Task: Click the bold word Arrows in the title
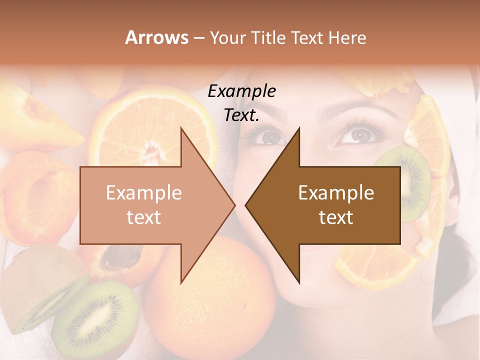click(156, 37)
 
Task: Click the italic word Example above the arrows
click(241, 91)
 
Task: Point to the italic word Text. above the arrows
click(241, 115)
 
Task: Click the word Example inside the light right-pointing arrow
click(143, 193)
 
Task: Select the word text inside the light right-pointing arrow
click(143, 217)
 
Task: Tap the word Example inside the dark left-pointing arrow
click(336, 193)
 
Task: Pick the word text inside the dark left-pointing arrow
click(336, 217)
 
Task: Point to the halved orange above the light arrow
click(150, 125)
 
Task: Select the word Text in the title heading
click(306, 37)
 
